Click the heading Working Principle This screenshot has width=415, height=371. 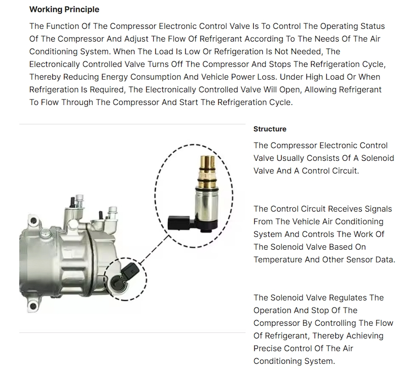tap(64, 10)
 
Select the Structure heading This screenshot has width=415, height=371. tap(270, 129)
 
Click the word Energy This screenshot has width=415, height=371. tap(115, 77)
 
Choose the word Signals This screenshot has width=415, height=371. tap(378, 209)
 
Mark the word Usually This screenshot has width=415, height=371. tap(291, 158)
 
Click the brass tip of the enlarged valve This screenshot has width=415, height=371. tap(207, 162)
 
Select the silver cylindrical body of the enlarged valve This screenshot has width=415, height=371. tap(206, 203)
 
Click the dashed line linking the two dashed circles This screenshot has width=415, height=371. tap(154, 250)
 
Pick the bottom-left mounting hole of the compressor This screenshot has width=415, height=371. tap(33, 306)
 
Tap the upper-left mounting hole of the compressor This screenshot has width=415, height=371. tap(33, 220)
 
